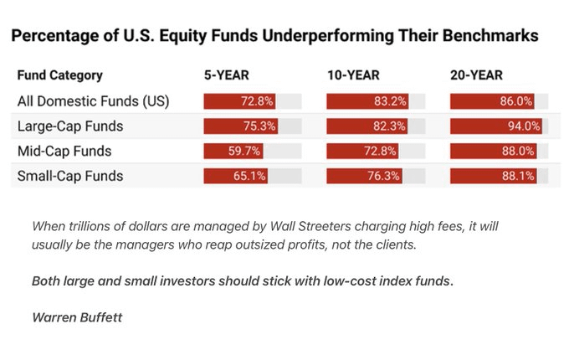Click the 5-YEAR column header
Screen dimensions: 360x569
226,75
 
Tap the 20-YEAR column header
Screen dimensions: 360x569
476,75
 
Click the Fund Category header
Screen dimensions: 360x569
59,75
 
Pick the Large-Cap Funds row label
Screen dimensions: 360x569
70,126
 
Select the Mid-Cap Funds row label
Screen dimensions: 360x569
64,152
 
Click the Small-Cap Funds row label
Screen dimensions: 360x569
70,177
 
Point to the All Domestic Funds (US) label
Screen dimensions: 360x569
93,101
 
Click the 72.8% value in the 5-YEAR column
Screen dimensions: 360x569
258,101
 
